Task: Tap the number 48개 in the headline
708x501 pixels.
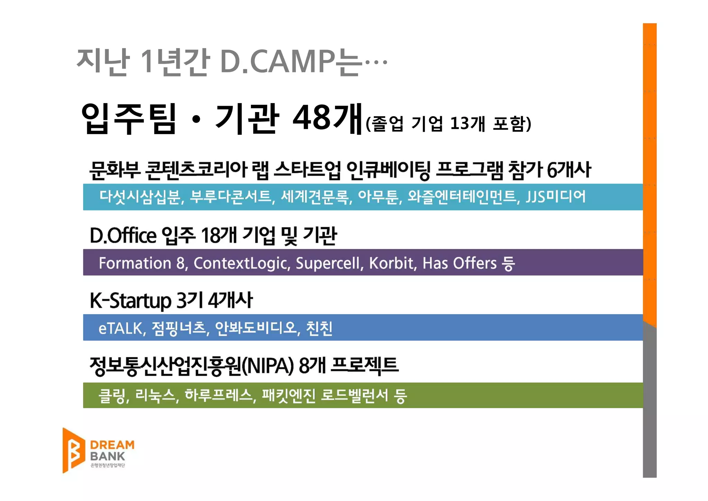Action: coord(327,118)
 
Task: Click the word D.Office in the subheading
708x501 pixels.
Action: coord(123,236)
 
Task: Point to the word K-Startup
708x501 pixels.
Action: coord(131,300)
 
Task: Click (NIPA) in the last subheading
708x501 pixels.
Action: coord(268,366)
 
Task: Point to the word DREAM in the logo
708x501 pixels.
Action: coord(112,445)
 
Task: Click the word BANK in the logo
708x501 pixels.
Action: coord(107,456)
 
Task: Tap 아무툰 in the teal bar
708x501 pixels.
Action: coord(379,197)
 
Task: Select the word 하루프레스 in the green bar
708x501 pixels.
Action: coord(220,395)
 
